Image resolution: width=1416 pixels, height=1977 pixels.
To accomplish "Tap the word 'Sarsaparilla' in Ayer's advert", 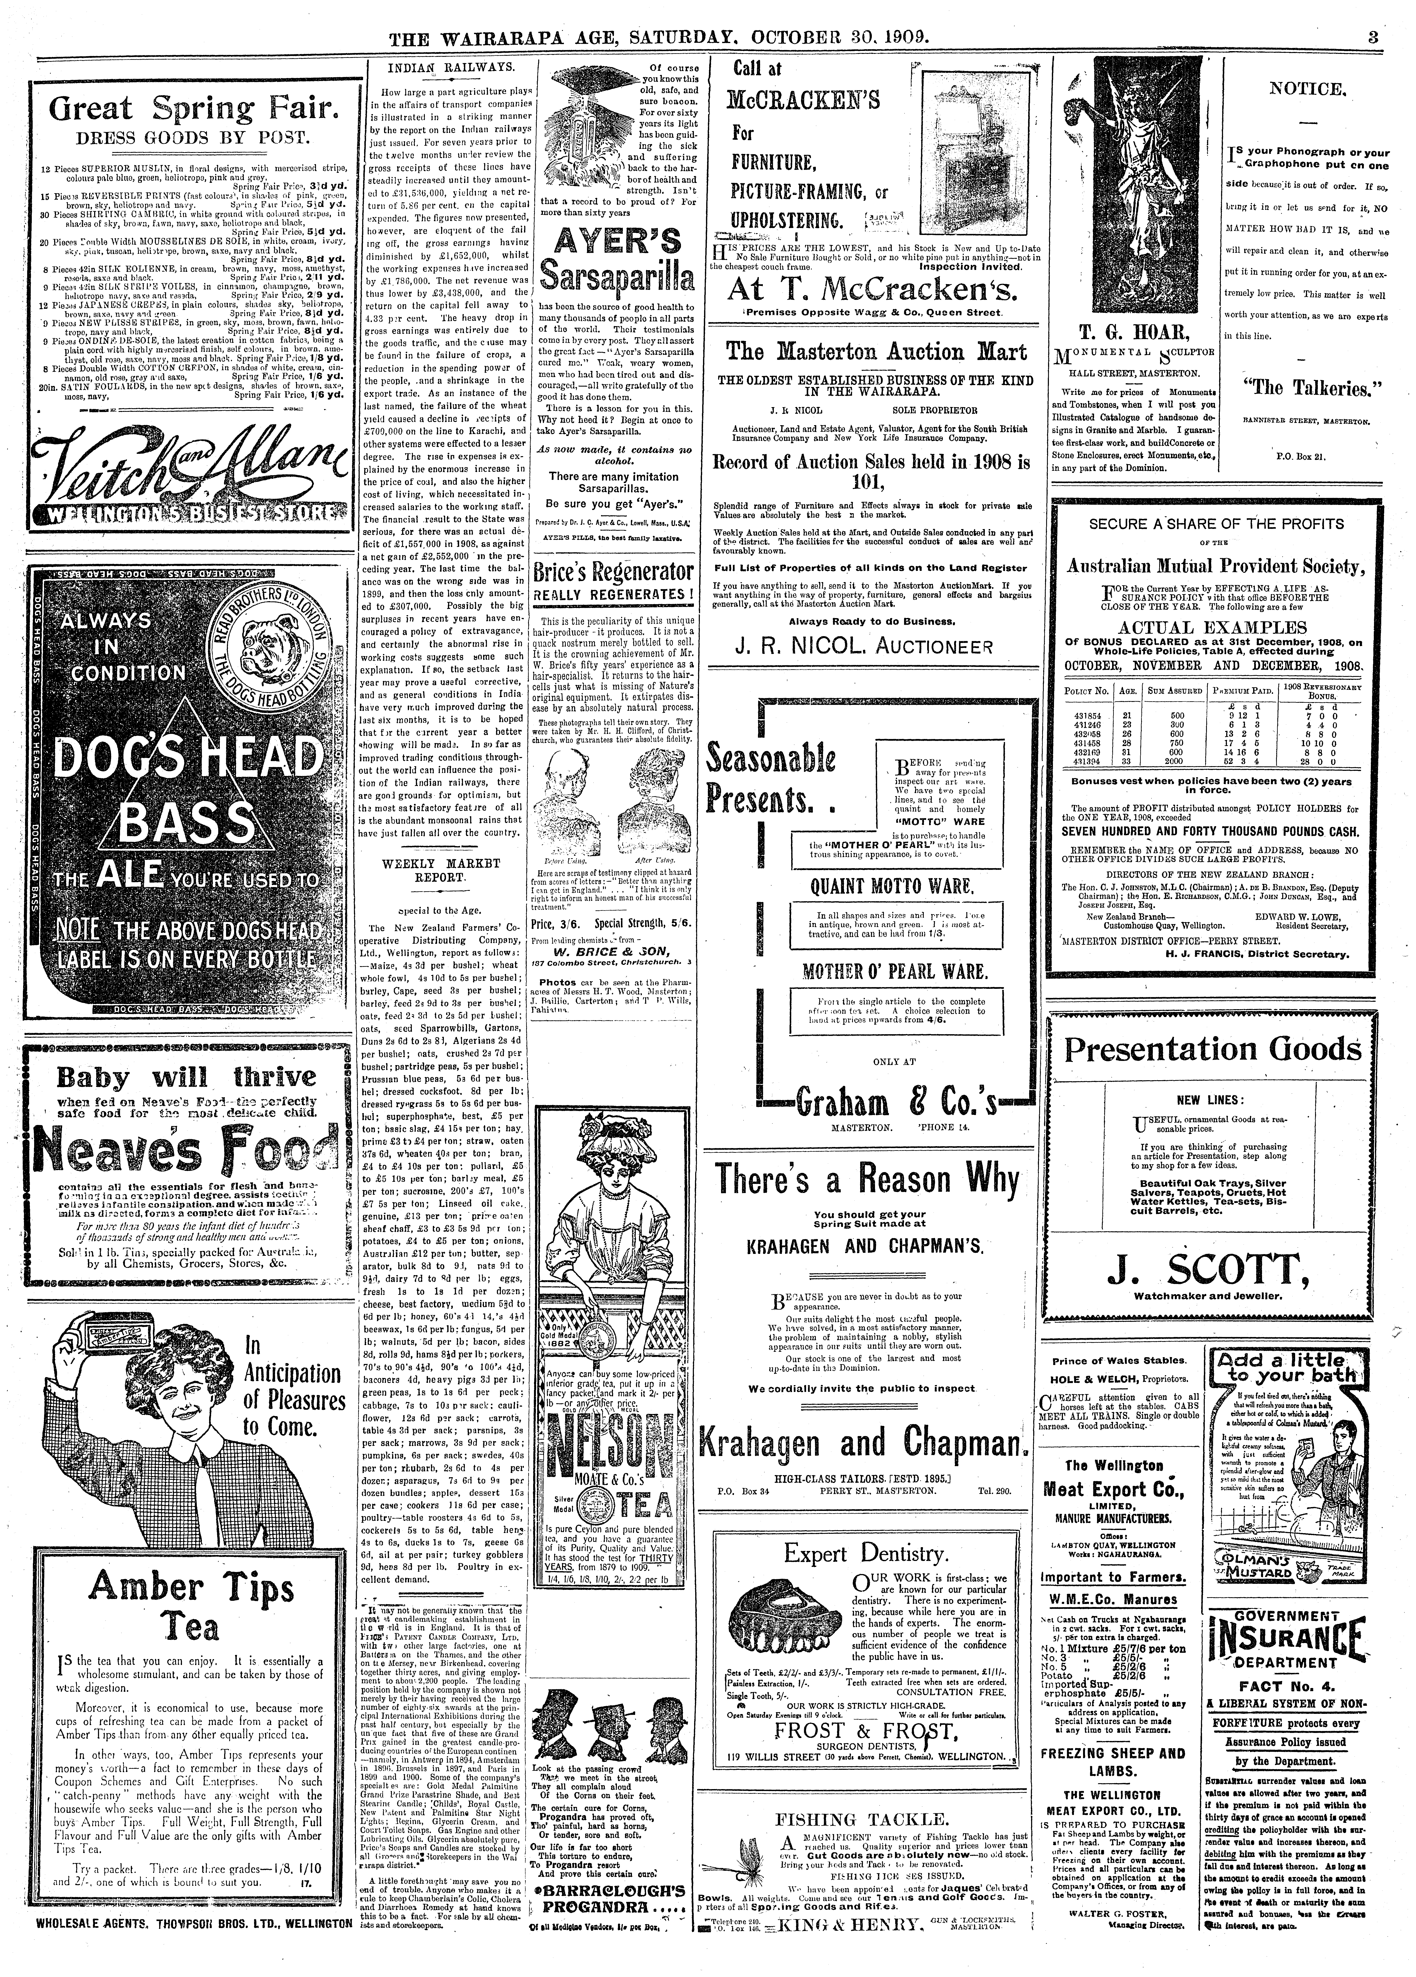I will point(617,279).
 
